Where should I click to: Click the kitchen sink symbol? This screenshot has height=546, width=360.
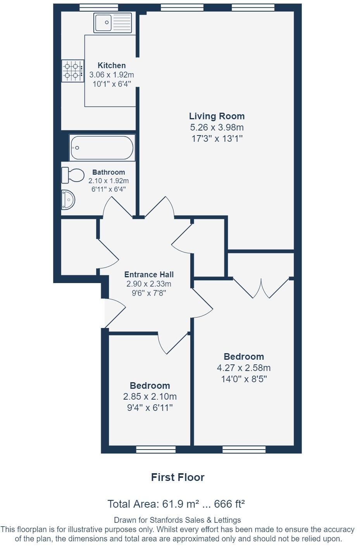(112, 23)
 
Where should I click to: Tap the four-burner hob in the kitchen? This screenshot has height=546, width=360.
(72, 71)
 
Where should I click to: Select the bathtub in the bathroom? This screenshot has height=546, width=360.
(102, 148)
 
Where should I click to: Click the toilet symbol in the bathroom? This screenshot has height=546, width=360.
(72, 175)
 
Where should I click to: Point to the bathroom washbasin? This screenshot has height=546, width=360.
(68, 200)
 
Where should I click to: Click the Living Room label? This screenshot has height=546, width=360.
(217, 116)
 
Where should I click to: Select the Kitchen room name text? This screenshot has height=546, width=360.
(112, 65)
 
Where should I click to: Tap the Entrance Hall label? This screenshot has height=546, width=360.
(149, 275)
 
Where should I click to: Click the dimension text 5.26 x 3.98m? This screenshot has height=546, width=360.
(217, 127)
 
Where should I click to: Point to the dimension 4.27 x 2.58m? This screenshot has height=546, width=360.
(244, 368)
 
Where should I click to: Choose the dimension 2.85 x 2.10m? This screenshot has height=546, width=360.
(150, 397)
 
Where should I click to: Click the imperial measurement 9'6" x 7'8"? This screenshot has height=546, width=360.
(149, 293)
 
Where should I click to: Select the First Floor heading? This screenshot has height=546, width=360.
(177, 477)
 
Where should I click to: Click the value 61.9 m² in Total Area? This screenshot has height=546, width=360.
(180, 504)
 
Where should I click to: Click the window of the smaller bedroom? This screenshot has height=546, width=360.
(156, 449)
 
